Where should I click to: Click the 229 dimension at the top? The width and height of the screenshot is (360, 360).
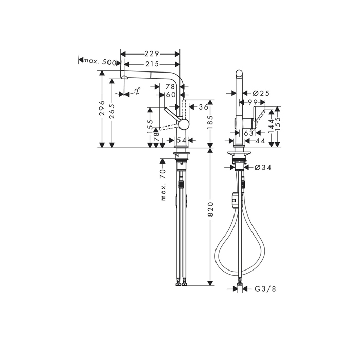tap(151, 53)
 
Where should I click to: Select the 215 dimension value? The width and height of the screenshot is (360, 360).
tap(151, 63)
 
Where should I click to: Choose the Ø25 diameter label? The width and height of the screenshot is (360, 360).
tap(262, 93)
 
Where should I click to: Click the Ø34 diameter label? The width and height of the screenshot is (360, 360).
tap(263, 167)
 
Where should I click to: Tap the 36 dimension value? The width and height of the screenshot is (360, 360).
tap(203, 107)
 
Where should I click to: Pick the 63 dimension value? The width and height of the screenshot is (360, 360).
tap(249, 133)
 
